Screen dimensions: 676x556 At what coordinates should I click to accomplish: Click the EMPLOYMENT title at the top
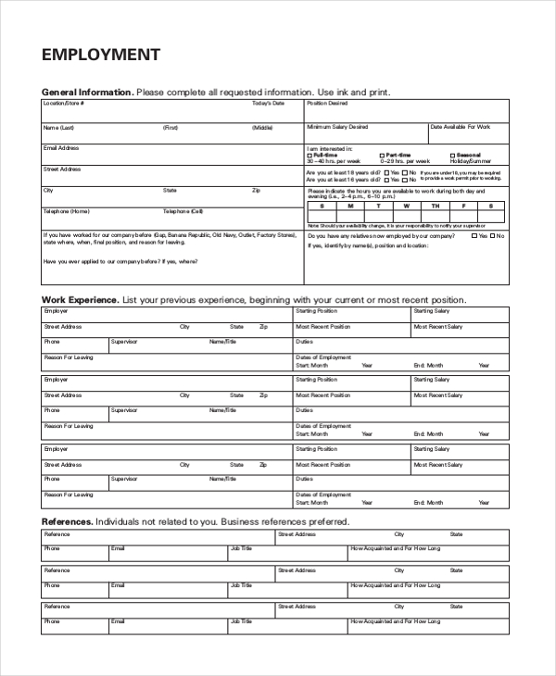click(x=101, y=55)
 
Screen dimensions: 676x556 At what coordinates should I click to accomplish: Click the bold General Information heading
click(x=88, y=93)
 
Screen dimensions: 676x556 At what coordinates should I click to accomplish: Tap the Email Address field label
click(x=61, y=147)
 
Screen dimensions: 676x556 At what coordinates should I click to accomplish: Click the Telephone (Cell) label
click(x=183, y=211)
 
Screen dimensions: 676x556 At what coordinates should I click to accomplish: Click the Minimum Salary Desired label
click(x=337, y=126)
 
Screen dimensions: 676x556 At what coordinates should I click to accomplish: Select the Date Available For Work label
click(x=461, y=126)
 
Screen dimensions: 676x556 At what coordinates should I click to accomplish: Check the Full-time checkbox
click(x=310, y=155)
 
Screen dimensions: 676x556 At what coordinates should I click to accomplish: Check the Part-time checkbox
click(x=382, y=155)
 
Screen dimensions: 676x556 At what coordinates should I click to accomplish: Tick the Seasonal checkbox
click(x=453, y=155)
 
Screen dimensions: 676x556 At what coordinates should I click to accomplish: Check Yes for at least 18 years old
click(x=385, y=172)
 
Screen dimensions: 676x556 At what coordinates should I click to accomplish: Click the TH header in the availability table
click(x=433, y=206)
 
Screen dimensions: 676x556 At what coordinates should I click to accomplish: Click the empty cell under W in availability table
click(x=406, y=217)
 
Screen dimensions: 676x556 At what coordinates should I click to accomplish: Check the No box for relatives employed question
click(x=493, y=236)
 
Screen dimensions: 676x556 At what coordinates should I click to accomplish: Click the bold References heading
click(x=67, y=522)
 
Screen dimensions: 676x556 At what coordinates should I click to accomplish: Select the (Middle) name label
click(x=263, y=127)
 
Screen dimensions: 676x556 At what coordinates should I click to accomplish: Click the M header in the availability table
click(x=350, y=206)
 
